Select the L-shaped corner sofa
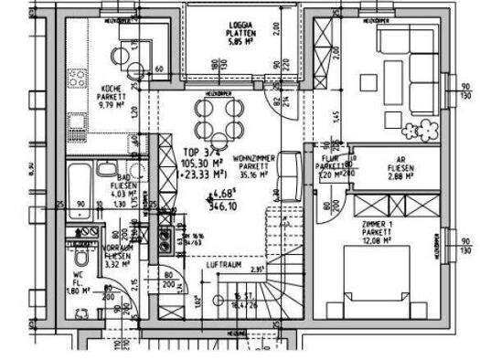pyautogui.click(x=407, y=69)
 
